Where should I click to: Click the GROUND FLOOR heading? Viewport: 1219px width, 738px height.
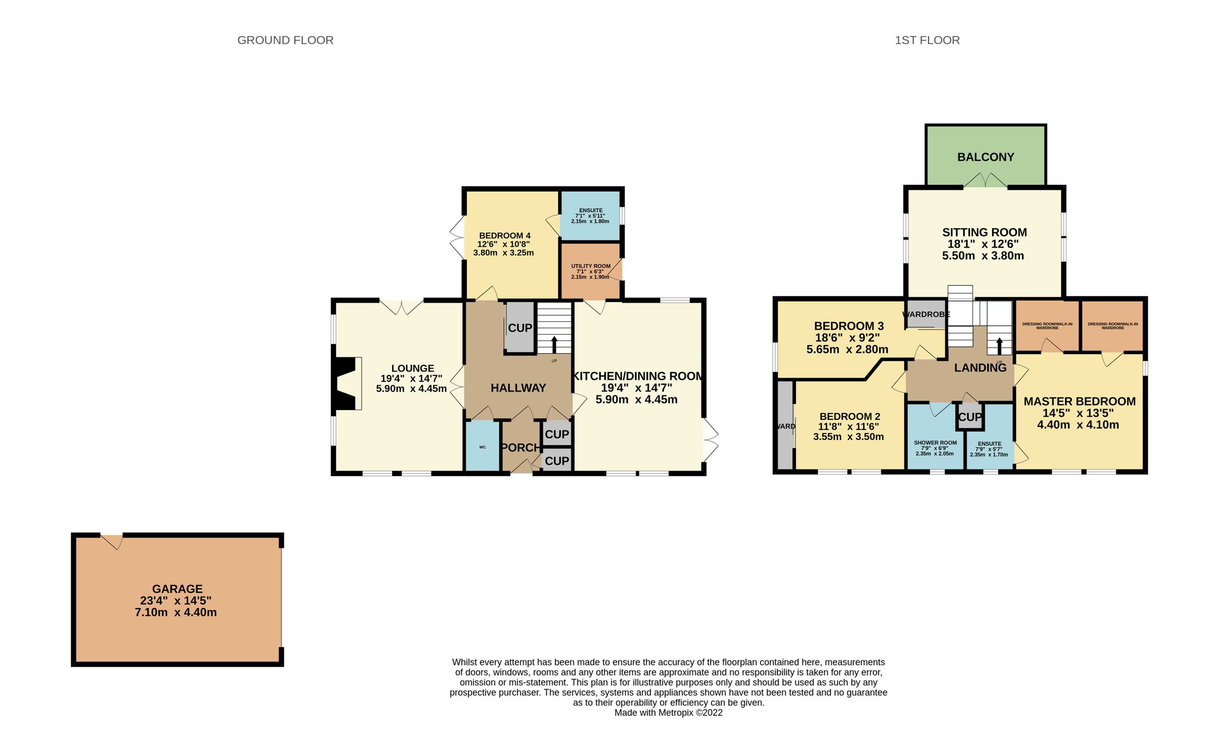point(285,40)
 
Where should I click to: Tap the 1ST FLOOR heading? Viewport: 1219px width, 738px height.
point(927,40)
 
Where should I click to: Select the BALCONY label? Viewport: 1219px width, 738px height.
point(985,157)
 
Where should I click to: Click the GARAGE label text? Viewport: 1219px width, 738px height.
point(177,589)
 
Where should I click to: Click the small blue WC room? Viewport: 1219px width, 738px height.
point(482,447)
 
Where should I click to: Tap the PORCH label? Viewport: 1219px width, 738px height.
point(520,448)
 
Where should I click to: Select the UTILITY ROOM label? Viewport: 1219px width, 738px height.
point(591,266)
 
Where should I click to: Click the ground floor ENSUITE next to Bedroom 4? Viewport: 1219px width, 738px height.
point(590,215)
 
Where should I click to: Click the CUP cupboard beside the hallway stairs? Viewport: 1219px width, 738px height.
point(520,328)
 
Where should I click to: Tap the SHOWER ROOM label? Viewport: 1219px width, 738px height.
point(935,443)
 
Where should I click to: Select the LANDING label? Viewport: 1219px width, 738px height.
point(980,368)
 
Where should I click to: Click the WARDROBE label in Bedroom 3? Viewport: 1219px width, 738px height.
point(926,314)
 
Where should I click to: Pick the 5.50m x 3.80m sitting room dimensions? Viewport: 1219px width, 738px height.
point(983,256)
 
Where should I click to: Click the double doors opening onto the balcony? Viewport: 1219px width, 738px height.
point(985,181)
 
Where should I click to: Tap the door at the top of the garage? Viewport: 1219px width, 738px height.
point(112,541)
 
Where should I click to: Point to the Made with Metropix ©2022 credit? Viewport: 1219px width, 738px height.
point(668,713)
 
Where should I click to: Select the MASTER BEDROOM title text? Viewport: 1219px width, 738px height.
point(1079,401)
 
